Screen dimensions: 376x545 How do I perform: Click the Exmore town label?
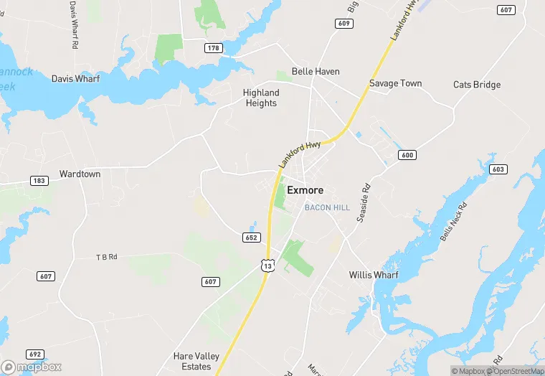click(x=305, y=191)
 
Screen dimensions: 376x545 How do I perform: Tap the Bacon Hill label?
click(x=327, y=207)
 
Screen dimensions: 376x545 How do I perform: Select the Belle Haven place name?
click(x=316, y=72)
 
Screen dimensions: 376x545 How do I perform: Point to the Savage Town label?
click(x=395, y=83)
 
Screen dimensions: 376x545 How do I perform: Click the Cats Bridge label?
click(x=477, y=85)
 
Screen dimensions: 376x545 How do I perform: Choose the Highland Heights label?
click(x=260, y=98)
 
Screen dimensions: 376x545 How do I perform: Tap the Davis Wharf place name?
click(x=75, y=79)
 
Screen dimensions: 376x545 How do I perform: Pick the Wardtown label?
click(x=80, y=174)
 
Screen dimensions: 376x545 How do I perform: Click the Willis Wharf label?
click(x=374, y=275)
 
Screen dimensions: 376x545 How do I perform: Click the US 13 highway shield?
click(x=267, y=265)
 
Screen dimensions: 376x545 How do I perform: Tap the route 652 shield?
click(x=251, y=238)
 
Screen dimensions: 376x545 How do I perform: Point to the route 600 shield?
click(x=407, y=155)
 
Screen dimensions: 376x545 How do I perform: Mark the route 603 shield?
click(x=498, y=169)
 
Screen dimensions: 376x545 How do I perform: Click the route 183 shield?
click(x=39, y=181)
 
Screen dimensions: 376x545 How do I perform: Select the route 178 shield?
click(x=213, y=48)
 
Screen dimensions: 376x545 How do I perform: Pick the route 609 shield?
click(x=343, y=24)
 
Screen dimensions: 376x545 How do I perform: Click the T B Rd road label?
click(x=106, y=257)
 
